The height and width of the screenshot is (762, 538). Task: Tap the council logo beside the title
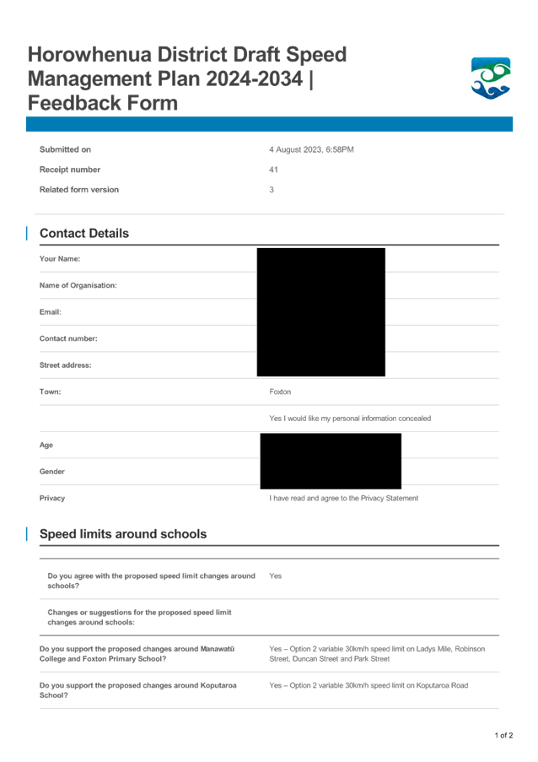coord(490,78)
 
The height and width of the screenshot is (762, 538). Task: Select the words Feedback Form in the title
coord(103,104)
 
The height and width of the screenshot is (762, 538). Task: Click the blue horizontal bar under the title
coord(269,125)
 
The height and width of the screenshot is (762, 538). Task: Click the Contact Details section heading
coord(84,234)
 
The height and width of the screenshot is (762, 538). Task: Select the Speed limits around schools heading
coord(123,534)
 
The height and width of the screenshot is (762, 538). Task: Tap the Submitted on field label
coord(64,149)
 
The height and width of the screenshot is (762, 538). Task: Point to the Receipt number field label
coord(70,170)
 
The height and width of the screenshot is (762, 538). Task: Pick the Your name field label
coord(59,258)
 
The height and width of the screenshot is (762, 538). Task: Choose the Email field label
coord(51,311)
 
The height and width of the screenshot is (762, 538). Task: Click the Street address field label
coord(65,365)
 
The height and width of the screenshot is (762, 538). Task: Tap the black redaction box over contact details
coord(320,311)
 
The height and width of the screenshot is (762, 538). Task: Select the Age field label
coord(46,445)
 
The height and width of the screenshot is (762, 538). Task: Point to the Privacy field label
coord(52,498)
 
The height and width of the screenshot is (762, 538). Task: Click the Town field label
coord(50,392)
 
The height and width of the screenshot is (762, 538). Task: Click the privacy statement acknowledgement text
coord(344,498)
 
